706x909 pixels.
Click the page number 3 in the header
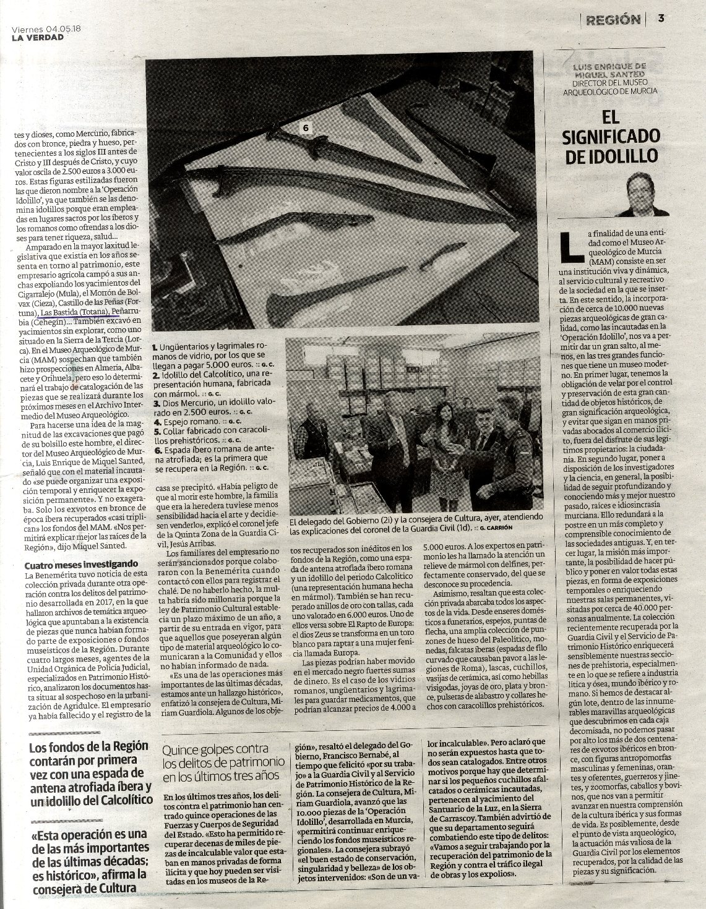click(x=661, y=19)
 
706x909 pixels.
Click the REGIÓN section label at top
click(x=613, y=20)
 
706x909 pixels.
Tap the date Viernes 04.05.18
click(x=41, y=28)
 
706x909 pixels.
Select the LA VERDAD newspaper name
click(x=37, y=38)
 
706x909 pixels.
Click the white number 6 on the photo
click(x=305, y=127)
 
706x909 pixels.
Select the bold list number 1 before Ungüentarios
click(x=155, y=349)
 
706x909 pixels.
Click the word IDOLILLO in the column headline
click(x=611, y=156)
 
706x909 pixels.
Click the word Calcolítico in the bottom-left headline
click(x=118, y=800)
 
